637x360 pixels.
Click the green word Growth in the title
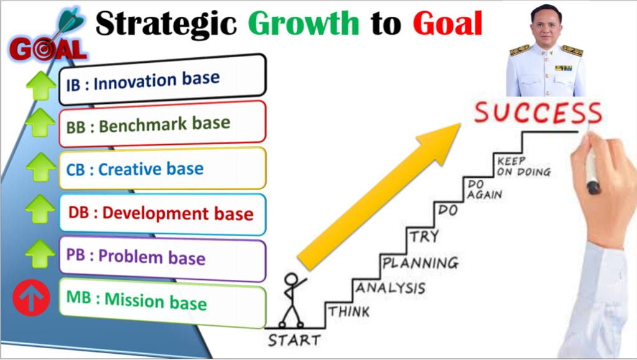coord(304,23)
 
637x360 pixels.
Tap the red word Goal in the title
coord(448,23)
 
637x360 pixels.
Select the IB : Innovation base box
coord(162,79)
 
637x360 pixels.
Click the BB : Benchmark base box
coord(162,124)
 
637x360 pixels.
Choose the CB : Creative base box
coord(162,168)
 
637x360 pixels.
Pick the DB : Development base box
coord(162,214)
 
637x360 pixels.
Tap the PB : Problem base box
coord(162,259)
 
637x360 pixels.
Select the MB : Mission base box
coord(162,302)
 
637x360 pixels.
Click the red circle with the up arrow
coord(31,297)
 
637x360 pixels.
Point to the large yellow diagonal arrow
coord(379,197)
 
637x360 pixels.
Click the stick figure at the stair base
coord(293,300)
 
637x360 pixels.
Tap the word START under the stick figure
coord(294,339)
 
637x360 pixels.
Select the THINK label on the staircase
coord(349,312)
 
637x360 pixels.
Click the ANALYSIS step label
coord(391,288)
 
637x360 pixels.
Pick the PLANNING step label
coord(421,263)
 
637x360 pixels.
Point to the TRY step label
coord(424,236)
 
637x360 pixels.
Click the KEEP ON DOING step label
coord(524,167)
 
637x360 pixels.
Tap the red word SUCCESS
coord(538,113)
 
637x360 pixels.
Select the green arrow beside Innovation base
coord(40,85)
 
